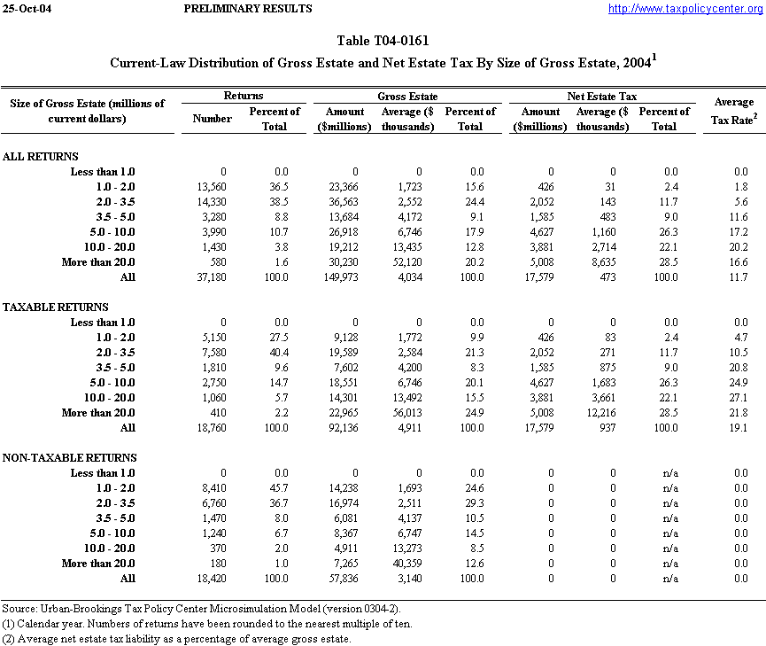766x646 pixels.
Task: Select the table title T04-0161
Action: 383,42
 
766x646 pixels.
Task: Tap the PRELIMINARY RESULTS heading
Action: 247,9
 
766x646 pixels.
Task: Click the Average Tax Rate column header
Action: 733,111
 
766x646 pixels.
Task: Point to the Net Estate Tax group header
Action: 601,96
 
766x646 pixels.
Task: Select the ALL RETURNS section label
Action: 41,157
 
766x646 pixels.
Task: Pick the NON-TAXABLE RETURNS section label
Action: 70,458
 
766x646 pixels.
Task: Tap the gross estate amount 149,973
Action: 339,277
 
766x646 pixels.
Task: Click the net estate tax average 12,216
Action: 609,413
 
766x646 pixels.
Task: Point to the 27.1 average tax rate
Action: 739,398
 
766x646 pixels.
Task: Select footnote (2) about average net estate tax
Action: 176,639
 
